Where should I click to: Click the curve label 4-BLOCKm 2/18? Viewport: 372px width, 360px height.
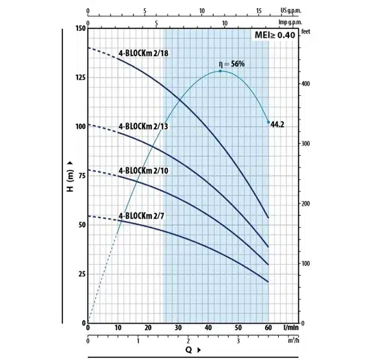(x=143, y=53)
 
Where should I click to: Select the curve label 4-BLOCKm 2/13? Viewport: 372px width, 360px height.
(x=143, y=126)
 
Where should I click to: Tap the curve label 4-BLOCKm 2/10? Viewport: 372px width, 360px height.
(x=143, y=171)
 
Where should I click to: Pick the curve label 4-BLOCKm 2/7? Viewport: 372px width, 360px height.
(x=141, y=216)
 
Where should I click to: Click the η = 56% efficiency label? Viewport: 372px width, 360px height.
(x=232, y=64)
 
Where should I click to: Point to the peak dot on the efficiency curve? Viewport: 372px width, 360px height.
(x=220, y=71)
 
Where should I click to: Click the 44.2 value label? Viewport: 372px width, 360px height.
(x=277, y=124)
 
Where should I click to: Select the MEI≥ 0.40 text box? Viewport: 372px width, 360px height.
(x=275, y=35)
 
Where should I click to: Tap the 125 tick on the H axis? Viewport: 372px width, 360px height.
(x=81, y=77)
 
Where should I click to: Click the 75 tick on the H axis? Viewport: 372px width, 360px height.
(x=82, y=176)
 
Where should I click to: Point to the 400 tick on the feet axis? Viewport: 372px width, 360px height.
(x=306, y=84)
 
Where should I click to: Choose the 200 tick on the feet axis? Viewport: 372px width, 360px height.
(x=306, y=204)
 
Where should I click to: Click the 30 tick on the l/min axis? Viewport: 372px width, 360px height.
(x=178, y=328)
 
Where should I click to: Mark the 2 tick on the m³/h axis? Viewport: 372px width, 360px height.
(x=188, y=341)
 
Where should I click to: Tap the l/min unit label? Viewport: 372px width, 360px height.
(x=291, y=328)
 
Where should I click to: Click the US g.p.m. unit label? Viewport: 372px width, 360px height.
(x=291, y=11)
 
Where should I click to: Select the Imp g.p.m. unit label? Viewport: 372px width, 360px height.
(x=290, y=23)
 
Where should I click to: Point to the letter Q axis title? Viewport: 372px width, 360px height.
(x=188, y=350)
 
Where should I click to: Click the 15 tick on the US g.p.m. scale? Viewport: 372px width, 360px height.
(x=259, y=11)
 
